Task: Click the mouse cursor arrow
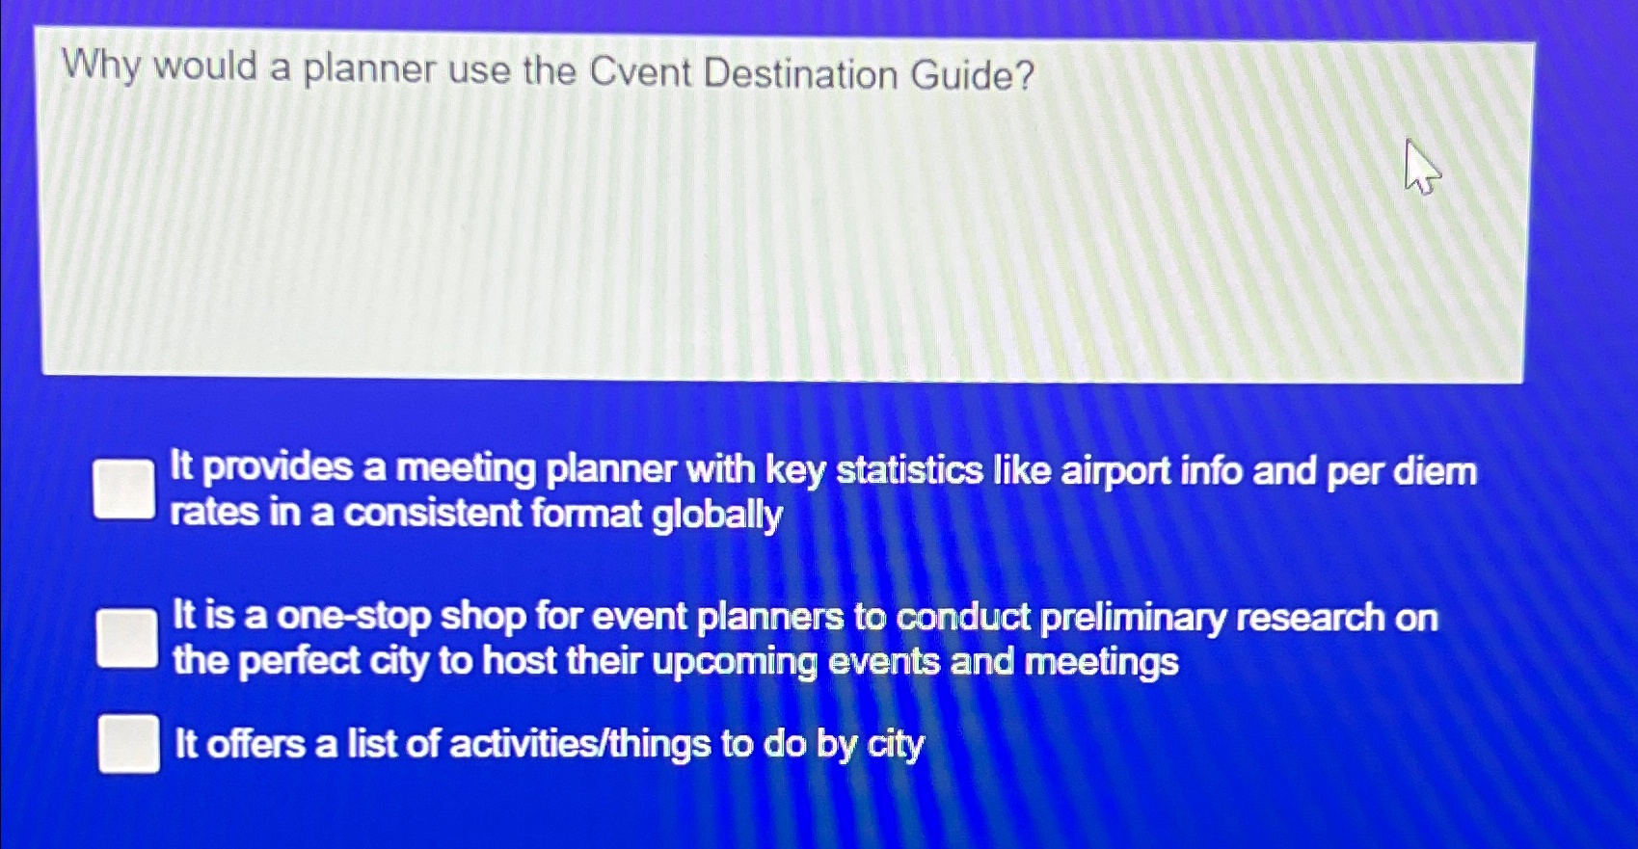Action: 1419,167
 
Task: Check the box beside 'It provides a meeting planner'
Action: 124,489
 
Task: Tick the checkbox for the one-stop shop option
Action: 126,638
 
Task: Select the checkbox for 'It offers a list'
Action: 128,744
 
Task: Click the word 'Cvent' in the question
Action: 639,72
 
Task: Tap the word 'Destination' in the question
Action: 801,74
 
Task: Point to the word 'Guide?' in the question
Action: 973,75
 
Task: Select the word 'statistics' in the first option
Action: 909,470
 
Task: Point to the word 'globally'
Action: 716,515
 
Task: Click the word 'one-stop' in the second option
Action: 353,616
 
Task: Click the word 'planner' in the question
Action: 369,69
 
